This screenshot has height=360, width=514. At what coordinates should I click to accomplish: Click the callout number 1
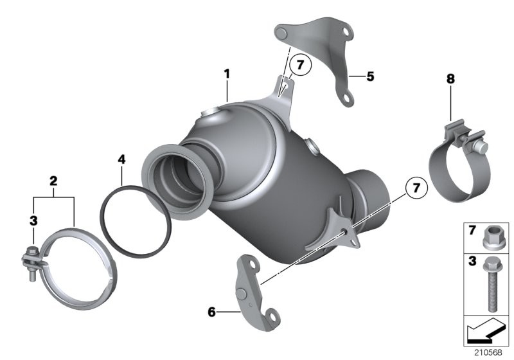pos(227,74)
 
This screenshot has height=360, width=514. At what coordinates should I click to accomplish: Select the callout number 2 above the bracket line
pos(53,181)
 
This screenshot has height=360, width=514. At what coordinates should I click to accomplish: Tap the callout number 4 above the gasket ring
pos(121,159)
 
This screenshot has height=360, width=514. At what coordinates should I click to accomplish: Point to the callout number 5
pos(370,76)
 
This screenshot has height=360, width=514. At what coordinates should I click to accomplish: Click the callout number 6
pos(212,312)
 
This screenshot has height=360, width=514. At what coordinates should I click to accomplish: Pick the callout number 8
pos(451,78)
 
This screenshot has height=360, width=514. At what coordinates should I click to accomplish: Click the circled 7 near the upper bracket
pos(300,65)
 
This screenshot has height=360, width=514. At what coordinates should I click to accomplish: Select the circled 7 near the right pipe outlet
pos(416,188)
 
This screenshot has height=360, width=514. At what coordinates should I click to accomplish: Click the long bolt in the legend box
pos(490,284)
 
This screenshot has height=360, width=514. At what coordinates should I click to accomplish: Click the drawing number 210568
pos(488,352)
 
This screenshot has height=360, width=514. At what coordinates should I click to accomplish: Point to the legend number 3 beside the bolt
pos(472,261)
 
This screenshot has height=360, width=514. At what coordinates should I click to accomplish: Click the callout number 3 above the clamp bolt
pos(33,221)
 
